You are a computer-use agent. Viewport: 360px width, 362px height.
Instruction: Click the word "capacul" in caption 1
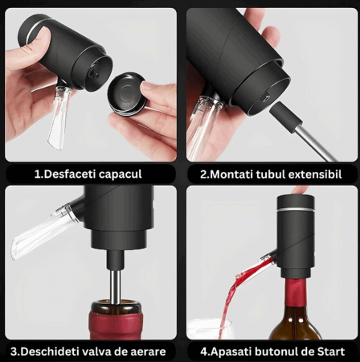tap(120, 175)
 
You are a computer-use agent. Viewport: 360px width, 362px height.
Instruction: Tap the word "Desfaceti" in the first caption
tap(69, 174)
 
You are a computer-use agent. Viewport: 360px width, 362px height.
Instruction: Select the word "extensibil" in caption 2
tap(315, 175)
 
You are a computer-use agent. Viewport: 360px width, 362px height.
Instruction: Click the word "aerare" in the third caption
tap(148, 352)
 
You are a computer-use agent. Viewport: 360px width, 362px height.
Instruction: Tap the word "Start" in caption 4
tap(331, 352)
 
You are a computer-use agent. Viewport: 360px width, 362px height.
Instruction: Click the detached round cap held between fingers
tap(126, 93)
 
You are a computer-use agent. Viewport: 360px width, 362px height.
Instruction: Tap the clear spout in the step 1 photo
tap(59, 115)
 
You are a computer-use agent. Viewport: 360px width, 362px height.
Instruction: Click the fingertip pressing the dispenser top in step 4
tap(300, 191)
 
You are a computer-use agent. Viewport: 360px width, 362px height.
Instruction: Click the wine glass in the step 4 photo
tap(207, 329)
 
